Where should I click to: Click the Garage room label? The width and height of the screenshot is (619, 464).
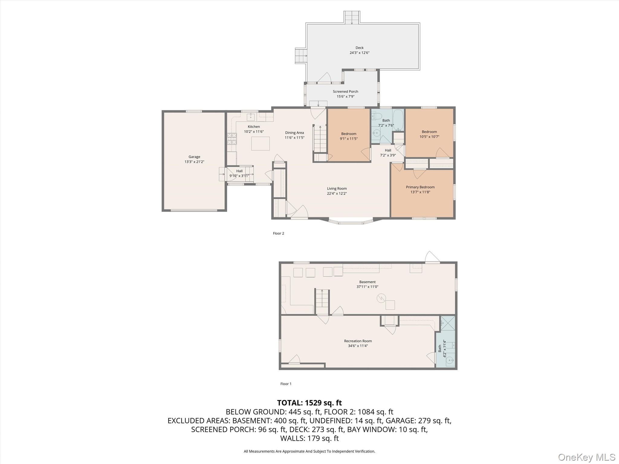(194, 157)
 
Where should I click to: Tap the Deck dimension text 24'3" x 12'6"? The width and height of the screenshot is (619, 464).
(359, 53)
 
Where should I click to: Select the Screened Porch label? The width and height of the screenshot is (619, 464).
(345, 92)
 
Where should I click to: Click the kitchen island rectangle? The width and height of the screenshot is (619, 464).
(261, 143)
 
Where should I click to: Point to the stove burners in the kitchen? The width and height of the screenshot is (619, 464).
(232, 139)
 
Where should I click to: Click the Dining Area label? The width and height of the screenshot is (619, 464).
(294, 133)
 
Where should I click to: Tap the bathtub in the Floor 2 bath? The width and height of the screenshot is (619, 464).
(398, 120)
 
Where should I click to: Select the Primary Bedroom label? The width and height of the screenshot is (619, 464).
(420, 187)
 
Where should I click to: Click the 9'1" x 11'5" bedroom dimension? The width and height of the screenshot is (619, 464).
(348, 139)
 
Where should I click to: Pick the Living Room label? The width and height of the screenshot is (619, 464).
(337, 188)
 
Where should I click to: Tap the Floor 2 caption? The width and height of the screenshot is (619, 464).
(278, 234)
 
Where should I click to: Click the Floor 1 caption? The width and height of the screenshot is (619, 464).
(286, 384)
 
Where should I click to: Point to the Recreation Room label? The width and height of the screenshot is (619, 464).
(358, 341)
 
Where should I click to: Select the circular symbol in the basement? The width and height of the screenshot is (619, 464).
(381, 298)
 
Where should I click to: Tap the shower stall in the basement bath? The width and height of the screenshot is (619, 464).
(448, 323)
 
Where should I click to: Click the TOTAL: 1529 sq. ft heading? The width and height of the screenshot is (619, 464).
(309, 403)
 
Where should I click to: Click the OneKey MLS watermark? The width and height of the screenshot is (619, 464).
(586, 457)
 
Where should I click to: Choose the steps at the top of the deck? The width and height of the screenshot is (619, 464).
(352, 17)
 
